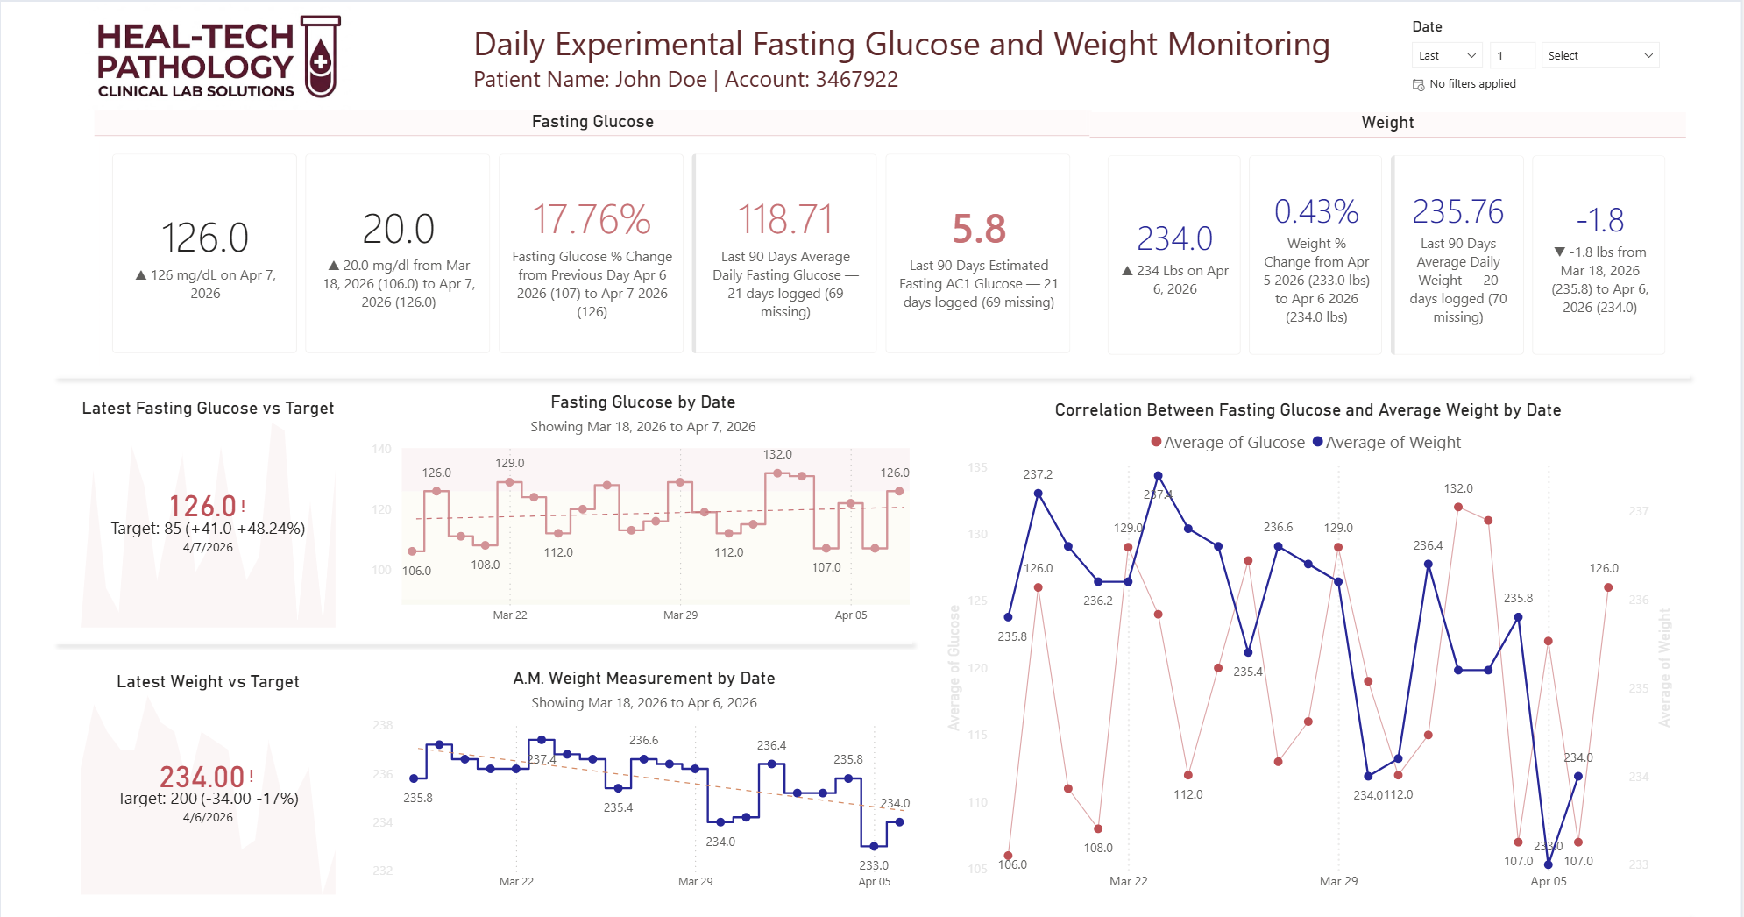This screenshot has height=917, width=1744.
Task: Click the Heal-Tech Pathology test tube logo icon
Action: (x=321, y=56)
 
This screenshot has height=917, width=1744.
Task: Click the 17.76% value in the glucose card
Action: (x=592, y=219)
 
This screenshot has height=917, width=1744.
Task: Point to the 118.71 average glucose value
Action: (x=785, y=219)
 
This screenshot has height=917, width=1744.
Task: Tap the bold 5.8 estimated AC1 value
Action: (x=979, y=229)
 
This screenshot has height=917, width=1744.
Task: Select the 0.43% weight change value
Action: (x=1316, y=211)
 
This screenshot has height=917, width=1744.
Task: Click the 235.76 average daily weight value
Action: (x=1458, y=211)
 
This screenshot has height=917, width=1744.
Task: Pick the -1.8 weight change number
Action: (x=1600, y=220)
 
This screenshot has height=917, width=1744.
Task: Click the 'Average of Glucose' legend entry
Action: (x=1228, y=443)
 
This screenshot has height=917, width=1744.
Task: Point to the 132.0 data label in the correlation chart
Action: (x=1458, y=488)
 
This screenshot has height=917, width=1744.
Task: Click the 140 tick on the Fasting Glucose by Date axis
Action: (x=381, y=449)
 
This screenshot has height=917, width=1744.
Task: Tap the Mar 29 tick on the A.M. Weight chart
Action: (x=695, y=881)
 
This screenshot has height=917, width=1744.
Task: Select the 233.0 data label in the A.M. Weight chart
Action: (x=874, y=865)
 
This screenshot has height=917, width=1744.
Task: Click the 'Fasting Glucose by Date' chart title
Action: (x=642, y=402)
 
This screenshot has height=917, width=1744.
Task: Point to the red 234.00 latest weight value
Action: (x=202, y=777)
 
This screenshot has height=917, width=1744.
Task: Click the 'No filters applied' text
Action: (x=1472, y=84)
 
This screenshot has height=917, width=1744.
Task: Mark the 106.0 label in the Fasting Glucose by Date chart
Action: (x=416, y=571)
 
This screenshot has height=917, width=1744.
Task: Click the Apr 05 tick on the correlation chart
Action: (x=1549, y=881)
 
